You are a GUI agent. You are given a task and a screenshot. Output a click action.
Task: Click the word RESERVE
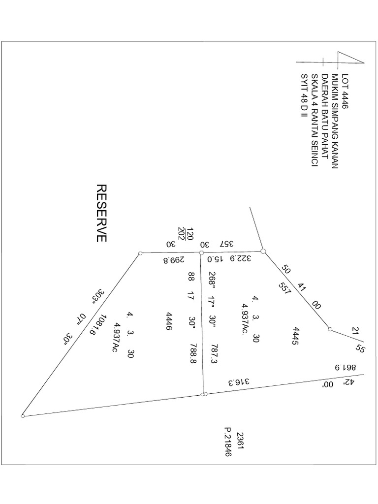click(x=101, y=213)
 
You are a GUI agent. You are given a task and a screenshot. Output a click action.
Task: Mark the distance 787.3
click(x=213, y=354)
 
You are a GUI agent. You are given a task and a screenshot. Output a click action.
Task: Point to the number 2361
click(x=240, y=441)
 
